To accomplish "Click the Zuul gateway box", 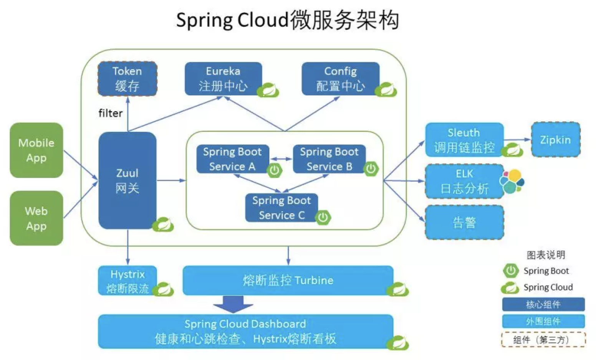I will click(127, 180).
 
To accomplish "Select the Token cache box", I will click(127, 79).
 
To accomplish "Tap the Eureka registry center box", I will click(223, 79).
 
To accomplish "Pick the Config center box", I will click(340, 79).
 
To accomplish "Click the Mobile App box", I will click(36, 150).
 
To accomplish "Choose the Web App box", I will click(36, 218).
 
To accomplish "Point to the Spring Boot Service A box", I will click(232, 159).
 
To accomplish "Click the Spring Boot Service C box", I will click(281, 207).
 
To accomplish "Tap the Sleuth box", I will click(464, 140).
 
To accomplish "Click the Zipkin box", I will click(555, 140).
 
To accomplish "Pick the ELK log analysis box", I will click(464, 181).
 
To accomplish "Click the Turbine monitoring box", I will click(288, 280).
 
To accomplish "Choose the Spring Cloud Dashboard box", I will click(246, 331).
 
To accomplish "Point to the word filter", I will click(110, 113).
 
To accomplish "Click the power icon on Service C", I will click(323, 217).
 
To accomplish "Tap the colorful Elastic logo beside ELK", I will click(512, 181).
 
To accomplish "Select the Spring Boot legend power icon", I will click(510, 271).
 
